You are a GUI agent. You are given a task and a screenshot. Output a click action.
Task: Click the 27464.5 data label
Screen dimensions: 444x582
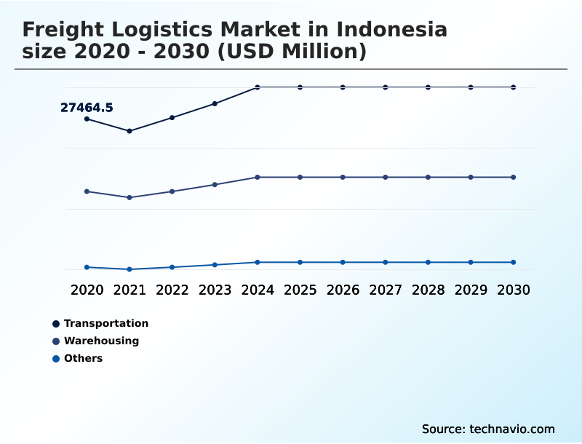(x=87, y=108)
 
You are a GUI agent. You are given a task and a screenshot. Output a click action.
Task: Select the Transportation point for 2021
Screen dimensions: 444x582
(x=129, y=131)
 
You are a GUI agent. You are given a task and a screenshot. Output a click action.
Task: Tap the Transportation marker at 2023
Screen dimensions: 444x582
(x=215, y=103)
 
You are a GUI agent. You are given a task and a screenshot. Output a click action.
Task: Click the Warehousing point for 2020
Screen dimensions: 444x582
(x=87, y=191)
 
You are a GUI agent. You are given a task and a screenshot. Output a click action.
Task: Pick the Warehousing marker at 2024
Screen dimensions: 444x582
(x=258, y=177)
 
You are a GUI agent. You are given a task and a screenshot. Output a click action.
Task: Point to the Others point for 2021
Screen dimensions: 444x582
(x=129, y=269)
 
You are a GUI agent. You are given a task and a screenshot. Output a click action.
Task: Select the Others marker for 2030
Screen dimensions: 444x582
(x=513, y=262)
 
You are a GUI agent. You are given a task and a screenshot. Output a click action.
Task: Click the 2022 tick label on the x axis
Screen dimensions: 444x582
(x=172, y=290)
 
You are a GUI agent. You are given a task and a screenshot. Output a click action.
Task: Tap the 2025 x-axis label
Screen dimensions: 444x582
(x=300, y=290)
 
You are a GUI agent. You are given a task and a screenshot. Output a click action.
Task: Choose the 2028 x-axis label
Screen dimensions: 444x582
(x=428, y=290)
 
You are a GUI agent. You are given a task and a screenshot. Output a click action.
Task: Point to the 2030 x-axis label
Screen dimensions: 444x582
(x=513, y=290)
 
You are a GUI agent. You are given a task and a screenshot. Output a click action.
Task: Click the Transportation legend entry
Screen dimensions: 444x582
(x=106, y=323)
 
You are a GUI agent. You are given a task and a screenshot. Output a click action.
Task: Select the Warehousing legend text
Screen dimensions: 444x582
(x=101, y=341)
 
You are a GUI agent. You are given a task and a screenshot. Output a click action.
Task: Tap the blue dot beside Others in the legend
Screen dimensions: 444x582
(x=56, y=358)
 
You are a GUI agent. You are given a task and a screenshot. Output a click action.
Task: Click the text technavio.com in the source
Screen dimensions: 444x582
(x=512, y=429)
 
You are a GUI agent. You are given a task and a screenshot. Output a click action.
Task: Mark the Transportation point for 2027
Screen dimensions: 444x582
(x=386, y=87)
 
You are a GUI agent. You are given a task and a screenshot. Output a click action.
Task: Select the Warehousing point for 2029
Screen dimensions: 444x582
(x=471, y=177)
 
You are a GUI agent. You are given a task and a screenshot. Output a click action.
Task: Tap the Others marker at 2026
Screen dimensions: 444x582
(x=343, y=262)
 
